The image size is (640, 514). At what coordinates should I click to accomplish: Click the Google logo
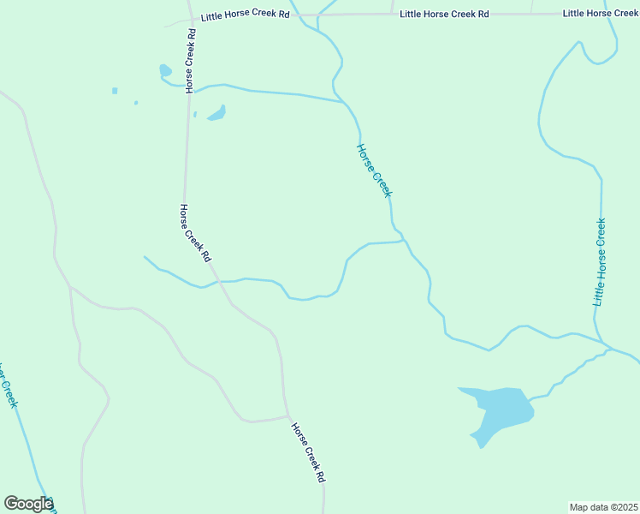click(x=28, y=504)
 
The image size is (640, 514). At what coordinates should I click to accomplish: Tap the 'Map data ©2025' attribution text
click(x=603, y=507)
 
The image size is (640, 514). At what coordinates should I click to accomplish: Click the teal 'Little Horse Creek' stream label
click(x=600, y=262)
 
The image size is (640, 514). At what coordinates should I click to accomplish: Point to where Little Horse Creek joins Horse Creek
click(x=609, y=348)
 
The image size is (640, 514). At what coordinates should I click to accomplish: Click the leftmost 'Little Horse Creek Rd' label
click(x=245, y=16)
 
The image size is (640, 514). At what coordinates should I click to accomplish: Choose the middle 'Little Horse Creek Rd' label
click(x=444, y=15)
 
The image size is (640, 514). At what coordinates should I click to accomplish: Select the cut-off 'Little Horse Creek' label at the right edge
click(x=601, y=14)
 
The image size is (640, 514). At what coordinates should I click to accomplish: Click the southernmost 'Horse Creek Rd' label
click(x=308, y=452)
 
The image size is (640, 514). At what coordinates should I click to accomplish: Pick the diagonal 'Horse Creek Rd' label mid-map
click(x=195, y=233)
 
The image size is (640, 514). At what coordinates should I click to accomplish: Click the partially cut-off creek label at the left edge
click(x=8, y=385)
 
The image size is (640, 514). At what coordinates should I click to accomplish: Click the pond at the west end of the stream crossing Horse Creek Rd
click(x=165, y=70)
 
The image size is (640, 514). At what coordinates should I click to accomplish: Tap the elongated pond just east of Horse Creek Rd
click(x=217, y=113)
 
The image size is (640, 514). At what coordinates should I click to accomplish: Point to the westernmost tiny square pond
click(x=115, y=90)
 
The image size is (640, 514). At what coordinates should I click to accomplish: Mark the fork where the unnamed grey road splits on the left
click(x=70, y=287)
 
